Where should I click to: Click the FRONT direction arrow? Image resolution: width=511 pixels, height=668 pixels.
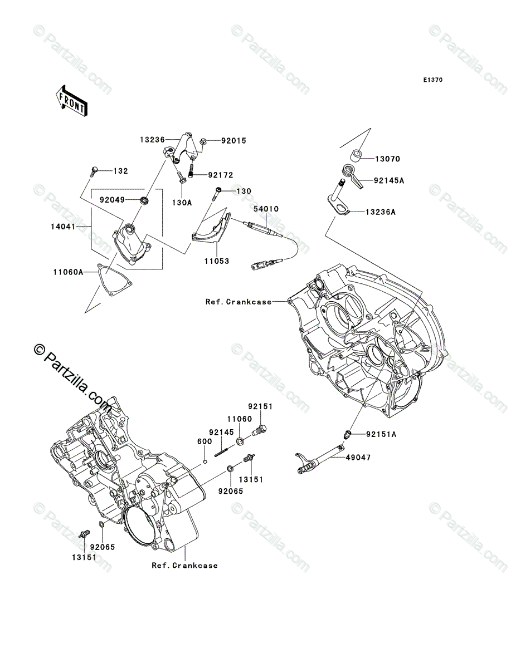pos(71,100)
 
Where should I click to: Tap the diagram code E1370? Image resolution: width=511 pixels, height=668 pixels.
pos(433,80)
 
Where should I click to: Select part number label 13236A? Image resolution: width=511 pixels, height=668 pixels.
pos(381,212)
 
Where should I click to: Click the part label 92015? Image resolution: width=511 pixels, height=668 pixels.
pos(233,141)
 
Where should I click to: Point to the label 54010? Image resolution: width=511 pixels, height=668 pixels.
pos(266,209)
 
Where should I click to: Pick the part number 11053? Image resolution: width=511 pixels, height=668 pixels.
pos(217,261)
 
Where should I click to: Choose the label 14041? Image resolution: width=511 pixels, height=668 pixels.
pos(63,227)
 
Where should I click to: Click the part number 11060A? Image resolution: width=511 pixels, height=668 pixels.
pos(68,272)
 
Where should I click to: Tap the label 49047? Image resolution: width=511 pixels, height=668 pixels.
pos(358,457)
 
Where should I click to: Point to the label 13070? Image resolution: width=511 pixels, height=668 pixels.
pos(387,159)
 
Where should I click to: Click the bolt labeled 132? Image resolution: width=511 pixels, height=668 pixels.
pos(93,171)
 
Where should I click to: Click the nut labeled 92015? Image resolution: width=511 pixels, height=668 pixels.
pos(203,141)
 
